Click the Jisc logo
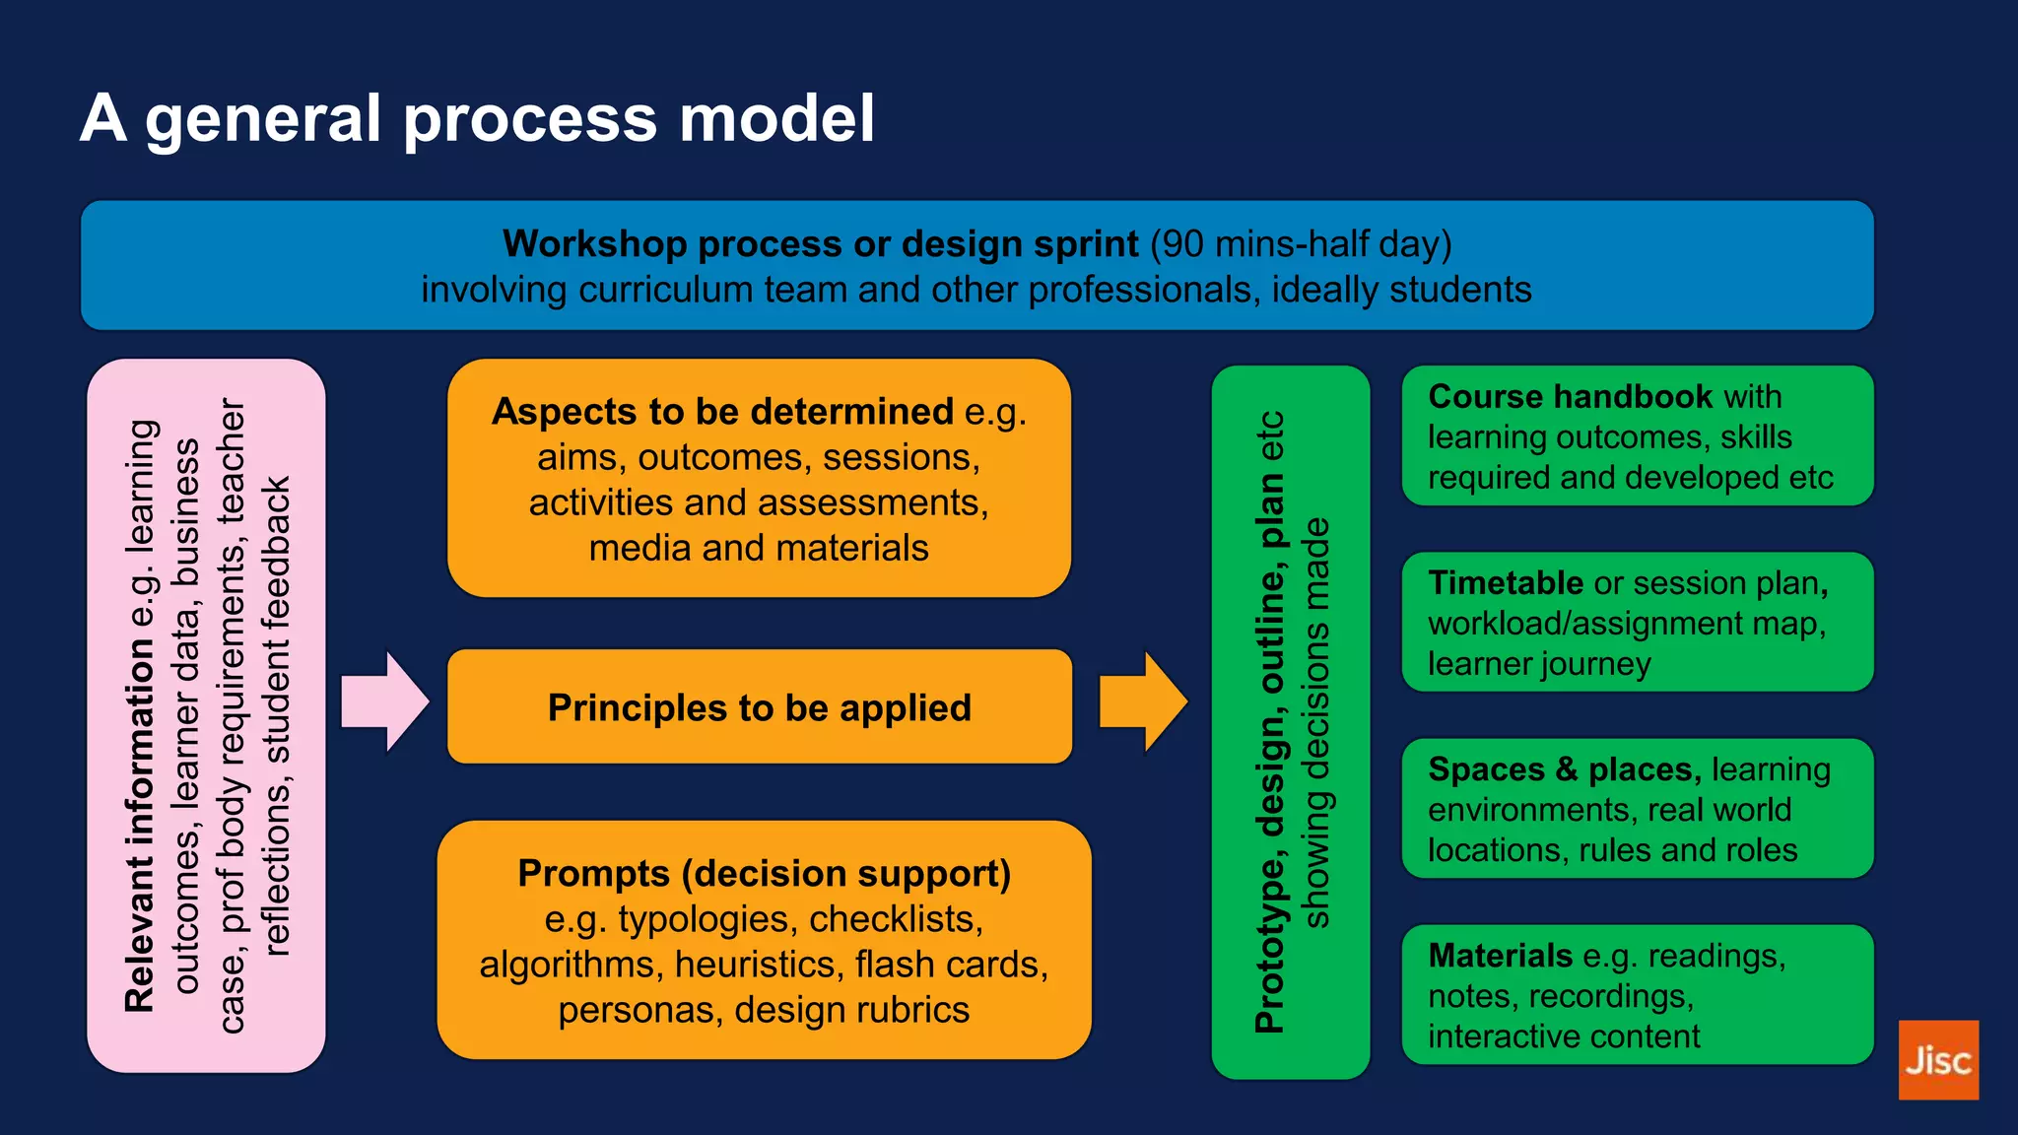(x=1937, y=1060)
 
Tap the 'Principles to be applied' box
(x=759, y=706)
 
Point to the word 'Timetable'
(x=1505, y=582)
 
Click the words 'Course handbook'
(x=1571, y=396)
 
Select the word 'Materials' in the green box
(x=1500, y=955)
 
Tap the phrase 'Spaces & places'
(x=1565, y=768)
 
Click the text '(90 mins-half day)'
(x=1301, y=243)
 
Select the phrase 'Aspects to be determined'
(x=722, y=411)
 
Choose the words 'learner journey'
(x=1539, y=663)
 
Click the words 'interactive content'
(x=1564, y=1035)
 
